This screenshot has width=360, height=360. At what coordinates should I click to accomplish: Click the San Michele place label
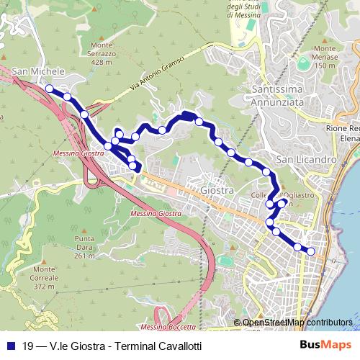[39, 72]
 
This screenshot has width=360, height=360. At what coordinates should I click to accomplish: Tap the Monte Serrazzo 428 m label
[102, 54]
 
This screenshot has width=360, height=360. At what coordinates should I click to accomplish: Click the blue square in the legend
[10, 346]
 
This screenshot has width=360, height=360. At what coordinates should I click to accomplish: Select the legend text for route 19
[112, 346]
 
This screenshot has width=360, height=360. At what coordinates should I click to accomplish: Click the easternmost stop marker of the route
[312, 251]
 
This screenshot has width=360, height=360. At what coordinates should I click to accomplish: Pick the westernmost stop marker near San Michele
[50, 89]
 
